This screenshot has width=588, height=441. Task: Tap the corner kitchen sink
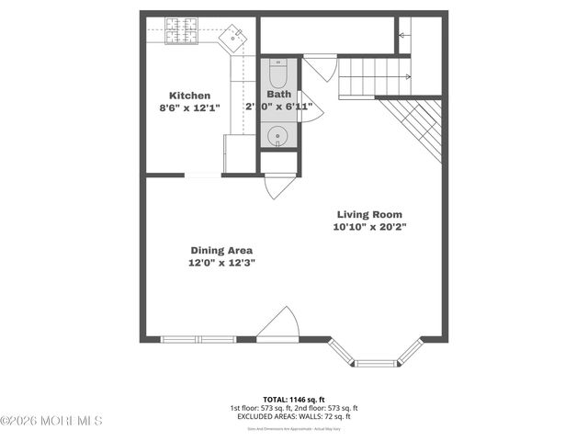(235, 36)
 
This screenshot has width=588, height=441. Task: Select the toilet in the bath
(278, 72)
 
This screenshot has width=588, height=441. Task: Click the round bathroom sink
(278, 137)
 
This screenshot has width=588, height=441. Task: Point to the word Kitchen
(190, 96)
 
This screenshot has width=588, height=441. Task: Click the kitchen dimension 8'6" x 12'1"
(190, 107)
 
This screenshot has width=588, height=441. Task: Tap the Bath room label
(278, 95)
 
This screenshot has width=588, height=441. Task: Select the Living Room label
(369, 214)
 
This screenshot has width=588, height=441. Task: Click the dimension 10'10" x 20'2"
(369, 226)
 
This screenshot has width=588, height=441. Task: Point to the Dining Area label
(221, 250)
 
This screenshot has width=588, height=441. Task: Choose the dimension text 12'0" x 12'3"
(221, 263)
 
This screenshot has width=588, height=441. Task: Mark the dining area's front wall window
(198, 339)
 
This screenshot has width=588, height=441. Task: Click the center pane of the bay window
(377, 363)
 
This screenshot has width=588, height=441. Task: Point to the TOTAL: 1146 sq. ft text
(294, 400)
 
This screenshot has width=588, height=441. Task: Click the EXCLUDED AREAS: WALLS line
(294, 416)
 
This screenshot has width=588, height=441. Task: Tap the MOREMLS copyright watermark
(51, 421)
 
